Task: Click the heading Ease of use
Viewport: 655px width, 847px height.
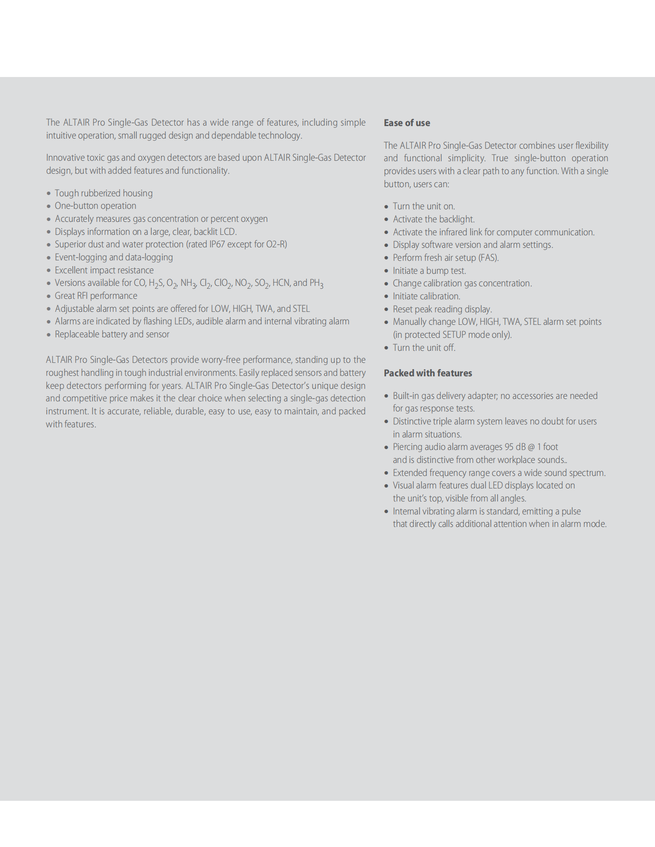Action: click(407, 123)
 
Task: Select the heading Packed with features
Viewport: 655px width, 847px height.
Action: click(428, 373)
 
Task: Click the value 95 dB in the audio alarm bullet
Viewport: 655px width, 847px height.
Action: click(515, 447)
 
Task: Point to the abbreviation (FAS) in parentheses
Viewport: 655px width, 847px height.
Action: click(488, 258)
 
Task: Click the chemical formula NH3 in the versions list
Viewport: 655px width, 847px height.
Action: click(188, 283)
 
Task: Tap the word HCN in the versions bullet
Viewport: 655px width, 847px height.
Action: click(281, 283)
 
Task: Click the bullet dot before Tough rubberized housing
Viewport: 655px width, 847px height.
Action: click(49, 193)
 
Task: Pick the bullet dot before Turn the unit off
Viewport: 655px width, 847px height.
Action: click(386, 348)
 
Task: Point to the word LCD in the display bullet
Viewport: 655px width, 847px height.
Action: click(227, 232)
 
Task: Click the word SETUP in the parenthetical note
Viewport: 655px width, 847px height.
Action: click(455, 335)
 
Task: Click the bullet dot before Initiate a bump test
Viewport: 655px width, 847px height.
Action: click(386, 271)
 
